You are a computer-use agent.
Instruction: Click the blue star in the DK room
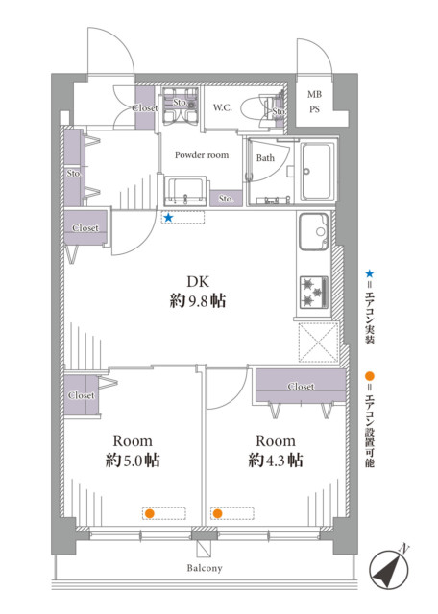(x=168, y=218)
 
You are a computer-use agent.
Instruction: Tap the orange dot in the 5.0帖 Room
(x=150, y=513)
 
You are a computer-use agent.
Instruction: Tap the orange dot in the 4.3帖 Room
(x=218, y=513)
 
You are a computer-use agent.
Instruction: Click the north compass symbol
(x=389, y=569)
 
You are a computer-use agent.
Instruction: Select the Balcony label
(x=205, y=568)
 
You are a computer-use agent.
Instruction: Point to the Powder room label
(x=202, y=155)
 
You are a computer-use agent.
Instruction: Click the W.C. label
(x=222, y=107)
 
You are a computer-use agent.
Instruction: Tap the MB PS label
(x=314, y=102)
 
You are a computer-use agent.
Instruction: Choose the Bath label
(x=265, y=158)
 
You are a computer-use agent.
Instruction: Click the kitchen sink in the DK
(x=314, y=232)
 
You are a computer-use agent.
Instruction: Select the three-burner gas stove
(x=314, y=292)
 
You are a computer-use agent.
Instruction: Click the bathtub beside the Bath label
(x=317, y=171)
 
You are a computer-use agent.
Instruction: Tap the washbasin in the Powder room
(x=185, y=191)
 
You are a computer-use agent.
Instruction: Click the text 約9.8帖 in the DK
(x=198, y=301)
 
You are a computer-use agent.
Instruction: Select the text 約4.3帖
(x=276, y=460)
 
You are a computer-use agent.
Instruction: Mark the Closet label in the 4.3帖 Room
(x=301, y=387)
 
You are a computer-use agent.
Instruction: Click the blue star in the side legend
(x=370, y=273)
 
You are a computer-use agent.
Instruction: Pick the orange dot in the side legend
(x=370, y=377)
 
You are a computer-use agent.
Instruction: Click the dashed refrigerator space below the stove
(x=318, y=342)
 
